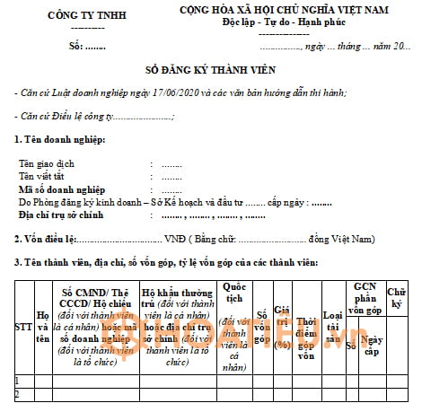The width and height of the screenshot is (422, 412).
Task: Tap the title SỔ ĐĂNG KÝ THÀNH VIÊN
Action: (x=212, y=68)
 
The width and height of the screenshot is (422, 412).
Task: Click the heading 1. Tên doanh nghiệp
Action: (x=60, y=139)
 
